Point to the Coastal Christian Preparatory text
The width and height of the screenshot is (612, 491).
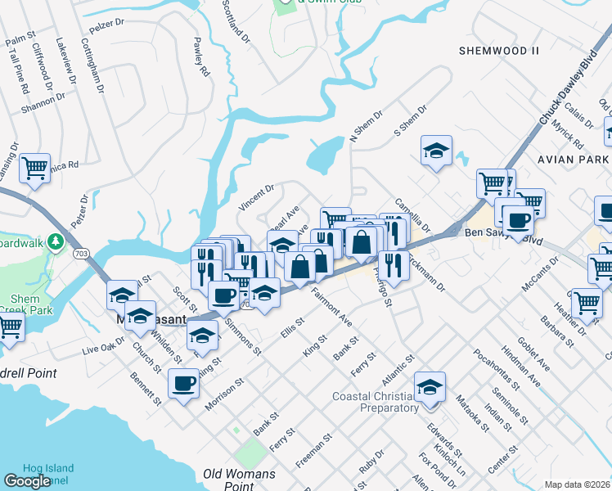pos(376,402)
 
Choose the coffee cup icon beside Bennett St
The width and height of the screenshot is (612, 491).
pos(184,383)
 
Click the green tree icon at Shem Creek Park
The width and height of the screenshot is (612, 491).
pos(56,242)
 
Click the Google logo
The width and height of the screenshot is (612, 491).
pos(27,480)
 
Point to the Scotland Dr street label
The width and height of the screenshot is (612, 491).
pos(236,20)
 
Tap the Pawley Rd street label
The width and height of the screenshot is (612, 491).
pos(201,56)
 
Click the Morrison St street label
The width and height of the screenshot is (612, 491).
pos(224,393)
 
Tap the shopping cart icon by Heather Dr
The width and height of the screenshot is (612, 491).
pos(587,302)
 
